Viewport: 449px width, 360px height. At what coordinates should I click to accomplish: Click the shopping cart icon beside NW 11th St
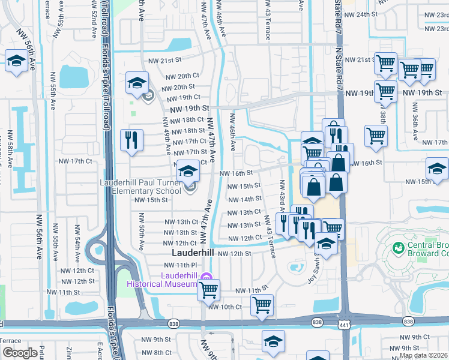[x=208, y=290]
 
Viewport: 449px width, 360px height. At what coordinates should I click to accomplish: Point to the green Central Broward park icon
[x=397, y=247]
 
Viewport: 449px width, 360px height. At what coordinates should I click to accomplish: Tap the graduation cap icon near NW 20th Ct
[x=137, y=83]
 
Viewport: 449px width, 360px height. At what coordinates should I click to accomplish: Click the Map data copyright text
[x=424, y=355]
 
